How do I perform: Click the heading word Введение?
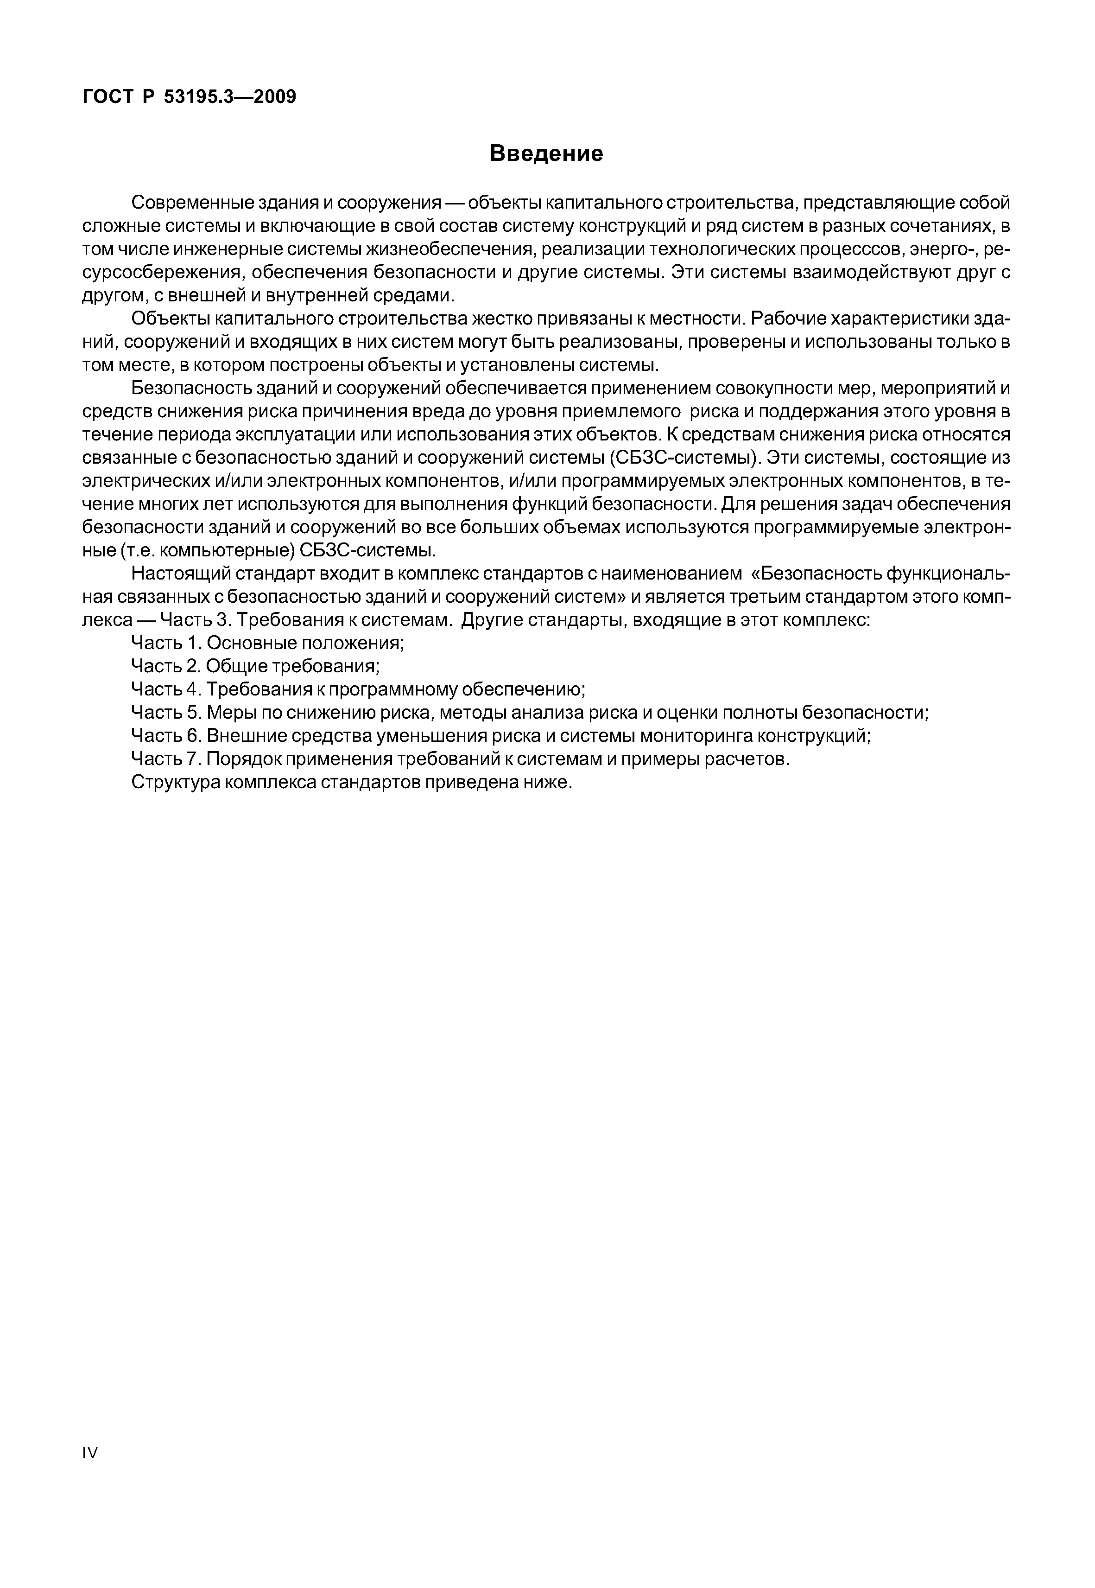547,153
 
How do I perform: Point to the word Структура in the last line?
175,782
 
